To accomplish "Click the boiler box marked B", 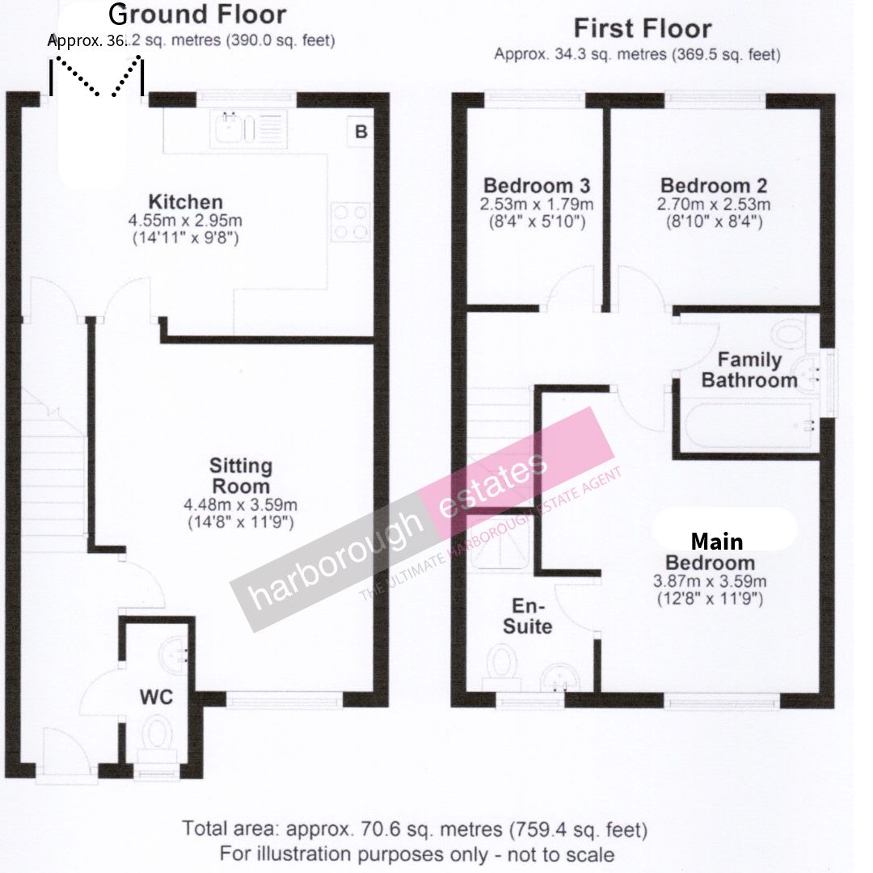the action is tap(361, 132).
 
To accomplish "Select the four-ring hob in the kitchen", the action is tap(350, 221).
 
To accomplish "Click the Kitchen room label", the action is tap(185, 201).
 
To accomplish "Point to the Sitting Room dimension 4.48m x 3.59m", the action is tap(241, 505).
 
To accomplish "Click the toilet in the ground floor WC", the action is tap(157, 740).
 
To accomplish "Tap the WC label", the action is tap(156, 697).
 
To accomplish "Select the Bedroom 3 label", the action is tap(537, 185).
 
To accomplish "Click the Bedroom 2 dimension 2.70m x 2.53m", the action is tap(714, 204).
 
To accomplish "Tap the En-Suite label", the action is tap(527, 616).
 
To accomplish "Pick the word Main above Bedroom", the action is tap(716, 541).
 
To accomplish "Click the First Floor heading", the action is tap(643, 28).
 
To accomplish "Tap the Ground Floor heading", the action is tap(197, 15).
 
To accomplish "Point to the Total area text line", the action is tap(415, 829).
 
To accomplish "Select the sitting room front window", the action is tap(284, 699).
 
